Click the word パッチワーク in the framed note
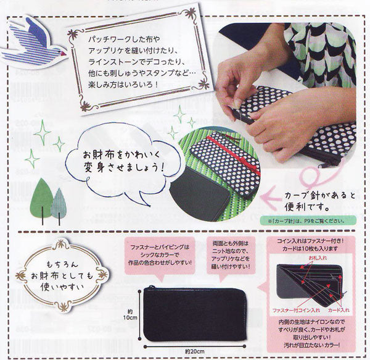[89, 38]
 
